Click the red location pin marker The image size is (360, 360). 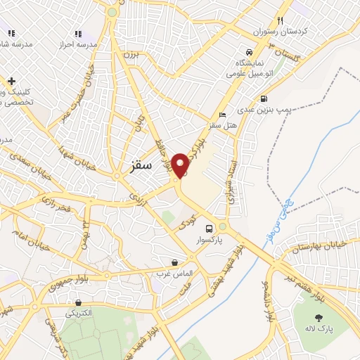pyautogui.click(x=181, y=165)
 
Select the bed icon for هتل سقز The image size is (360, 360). pyautogui.click(x=223, y=115)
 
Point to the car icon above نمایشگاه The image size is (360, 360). pyautogui.click(x=248, y=52)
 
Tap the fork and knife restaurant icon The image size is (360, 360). pyautogui.click(x=280, y=20)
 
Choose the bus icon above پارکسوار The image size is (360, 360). pyautogui.click(x=208, y=229)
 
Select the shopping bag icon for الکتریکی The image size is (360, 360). pyautogui.click(x=77, y=303)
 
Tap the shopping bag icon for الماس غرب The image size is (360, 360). pyautogui.click(x=165, y=262)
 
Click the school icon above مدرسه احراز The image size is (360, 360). pyautogui.click(x=77, y=33)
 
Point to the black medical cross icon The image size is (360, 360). pyautogui.click(x=11, y=82)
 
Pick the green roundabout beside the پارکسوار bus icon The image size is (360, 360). pyautogui.click(x=223, y=227)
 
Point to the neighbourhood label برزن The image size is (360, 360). pyautogui.click(x=131, y=54)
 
